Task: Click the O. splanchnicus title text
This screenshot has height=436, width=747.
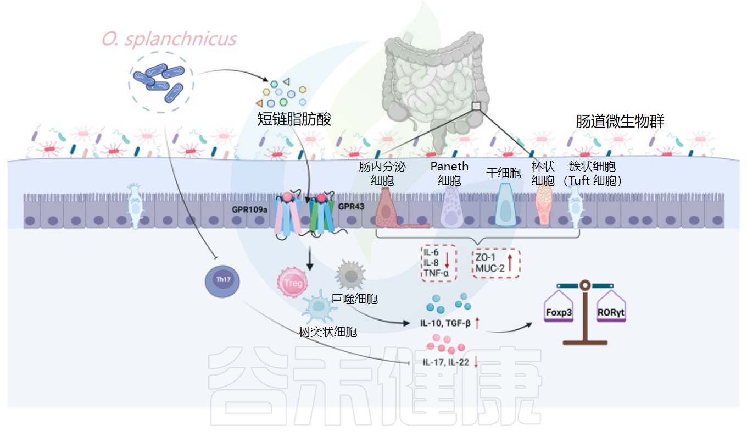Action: (x=169, y=39)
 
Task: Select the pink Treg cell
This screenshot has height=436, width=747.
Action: (x=293, y=284)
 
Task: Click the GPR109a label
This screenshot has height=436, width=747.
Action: (x=250, y=209)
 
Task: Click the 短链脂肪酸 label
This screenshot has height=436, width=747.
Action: (x=294, y=119)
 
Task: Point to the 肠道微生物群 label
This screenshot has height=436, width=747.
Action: (x=620, y=122)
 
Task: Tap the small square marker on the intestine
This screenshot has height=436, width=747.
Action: (x=477, y=106)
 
